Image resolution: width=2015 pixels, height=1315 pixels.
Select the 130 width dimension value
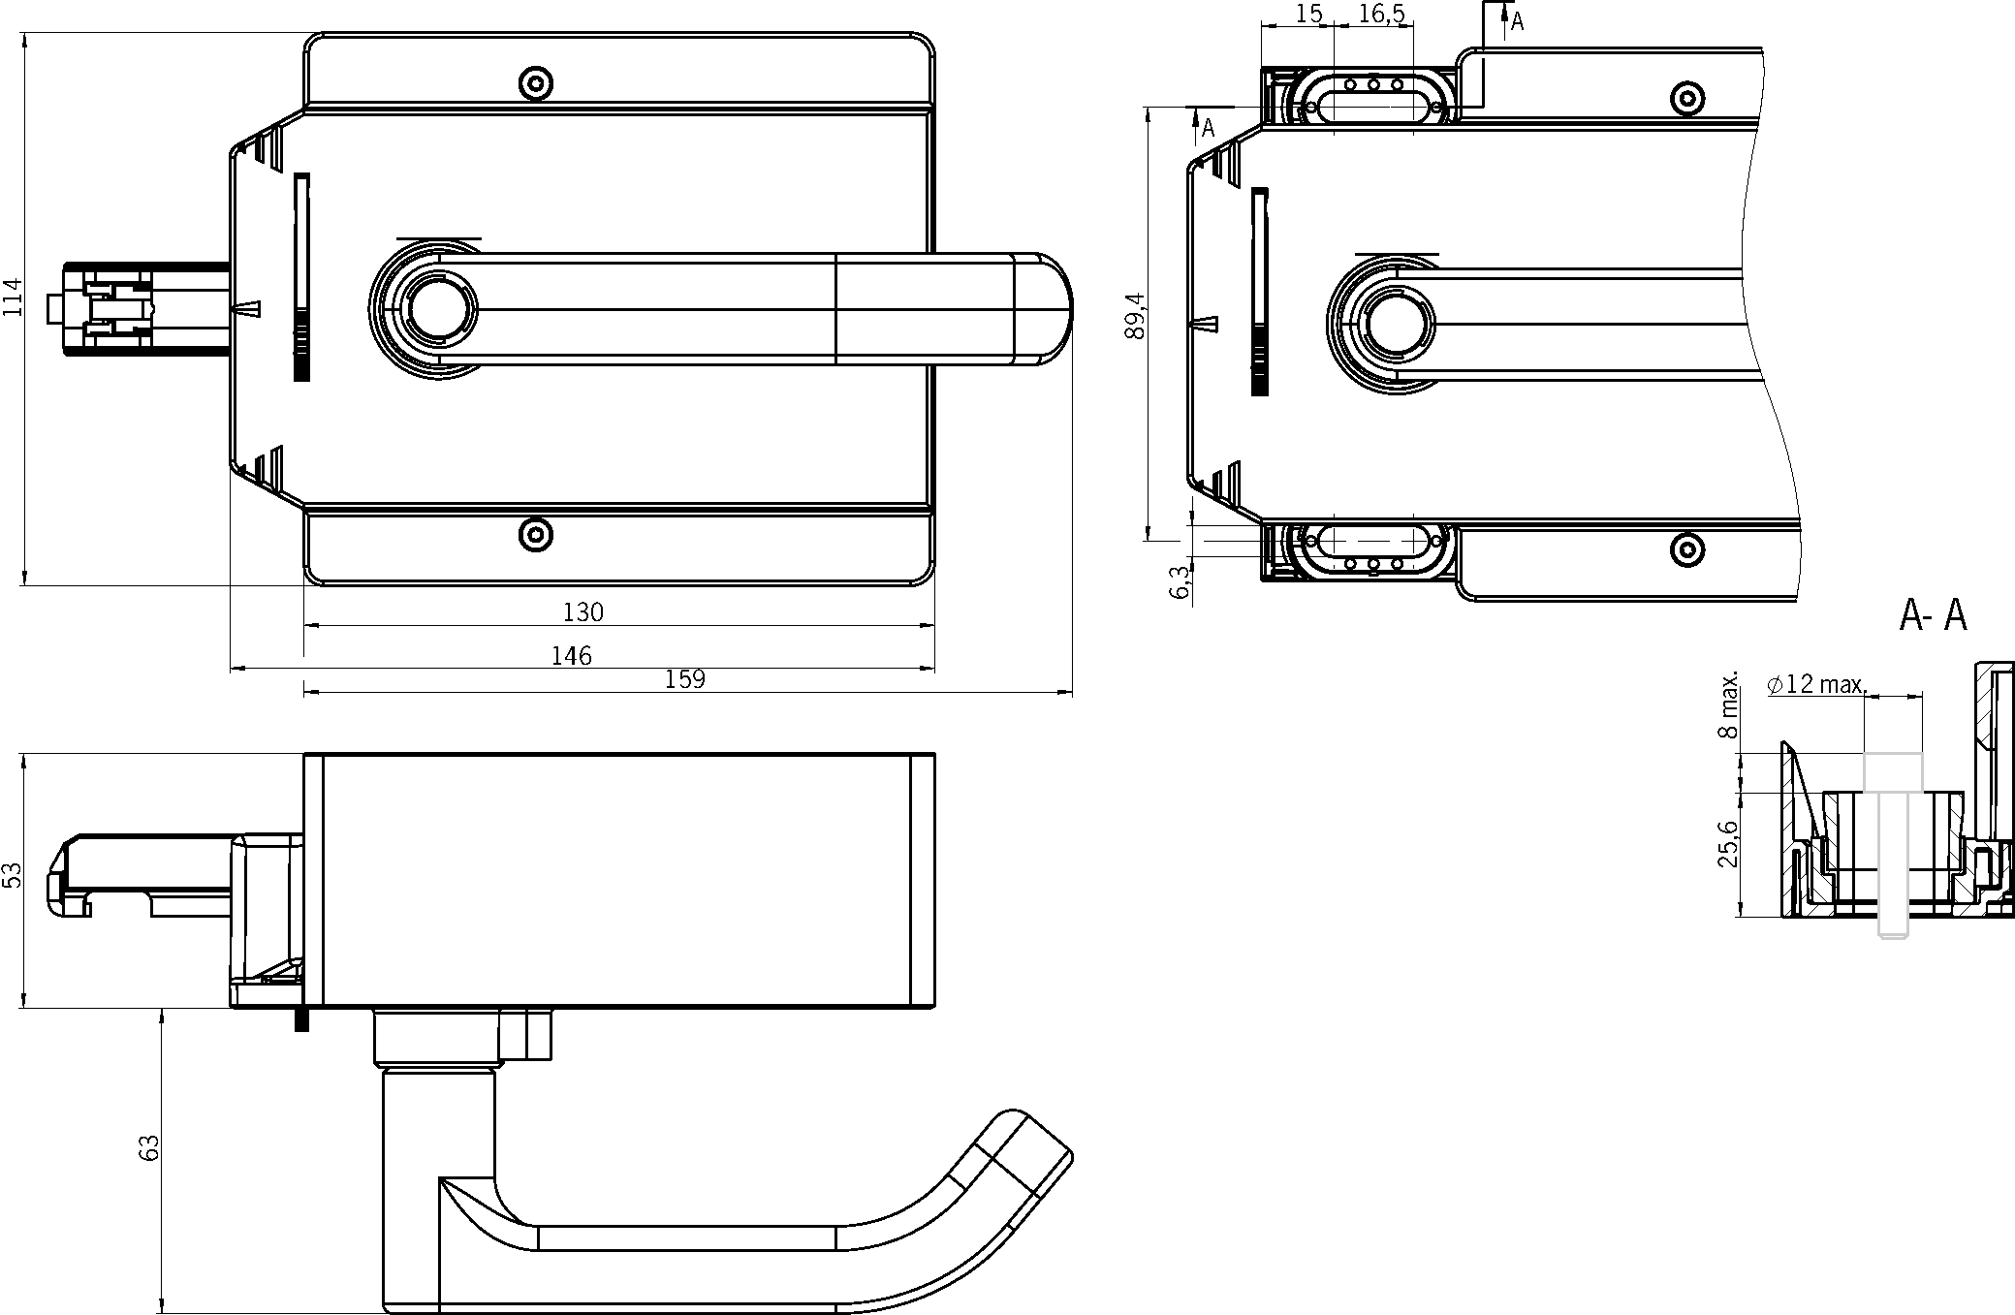[583, 612]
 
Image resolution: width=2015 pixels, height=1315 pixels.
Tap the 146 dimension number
[572, 656]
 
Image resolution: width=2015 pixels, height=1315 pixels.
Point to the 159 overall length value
[685, 679]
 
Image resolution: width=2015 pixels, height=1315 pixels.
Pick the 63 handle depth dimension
[149, 1148]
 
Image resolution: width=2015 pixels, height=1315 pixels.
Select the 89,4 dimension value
[1135, 316]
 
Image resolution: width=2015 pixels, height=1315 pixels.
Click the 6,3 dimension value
[1181, 582]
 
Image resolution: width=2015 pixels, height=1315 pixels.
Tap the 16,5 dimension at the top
[1382, 15]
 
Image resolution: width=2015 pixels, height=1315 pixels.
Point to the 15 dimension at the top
[1308, 15]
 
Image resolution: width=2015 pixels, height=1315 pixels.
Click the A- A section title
[1934, 615]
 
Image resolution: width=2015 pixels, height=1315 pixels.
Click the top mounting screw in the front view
[535, 81]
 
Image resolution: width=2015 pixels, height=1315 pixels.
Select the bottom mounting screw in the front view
[535, 534]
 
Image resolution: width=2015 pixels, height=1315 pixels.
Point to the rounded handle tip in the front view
[1045, 308]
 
